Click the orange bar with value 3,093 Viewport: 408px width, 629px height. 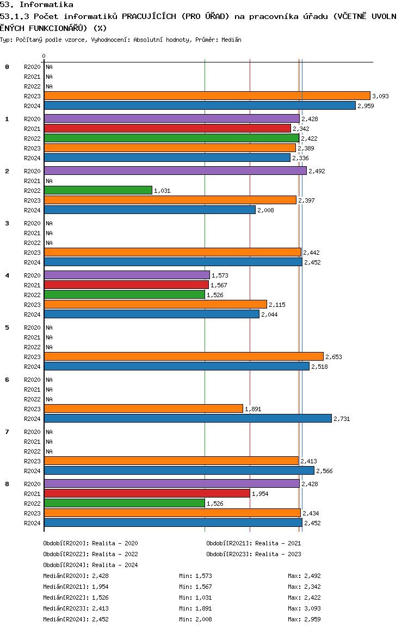(x=207, y=96)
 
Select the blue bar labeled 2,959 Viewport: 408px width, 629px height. (x=200, y=105)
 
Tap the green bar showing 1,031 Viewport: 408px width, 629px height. (x=98, y=191)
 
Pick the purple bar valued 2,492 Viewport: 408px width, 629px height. (x=176, y=171)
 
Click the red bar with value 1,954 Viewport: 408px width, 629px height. (x=147, y=493)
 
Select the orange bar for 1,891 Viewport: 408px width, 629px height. (x=144, y=409)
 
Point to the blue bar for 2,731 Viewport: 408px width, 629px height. (x=188, y=418)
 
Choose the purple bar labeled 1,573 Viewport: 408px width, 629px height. (x=127, y=275)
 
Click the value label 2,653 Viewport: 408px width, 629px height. (x=333, y=357)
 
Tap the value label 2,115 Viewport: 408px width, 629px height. (x=277, y=305)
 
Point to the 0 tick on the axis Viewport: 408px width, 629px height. (x=44, y=56)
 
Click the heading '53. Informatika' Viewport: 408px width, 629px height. (x=36, y=5)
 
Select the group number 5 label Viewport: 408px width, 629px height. (x=7, y=328)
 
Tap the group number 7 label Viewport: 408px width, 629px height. (x=7, y=432)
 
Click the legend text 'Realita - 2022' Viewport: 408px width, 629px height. (x=115, y=554)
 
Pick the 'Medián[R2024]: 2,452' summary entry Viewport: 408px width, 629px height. (x=76, y=619)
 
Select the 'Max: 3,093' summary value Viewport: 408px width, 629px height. (x=305, y=608)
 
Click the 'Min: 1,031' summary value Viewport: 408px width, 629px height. (x=195, y=597)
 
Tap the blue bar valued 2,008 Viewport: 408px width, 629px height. (x=150, y=210)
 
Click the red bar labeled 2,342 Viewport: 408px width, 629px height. (x=168, y=128)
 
